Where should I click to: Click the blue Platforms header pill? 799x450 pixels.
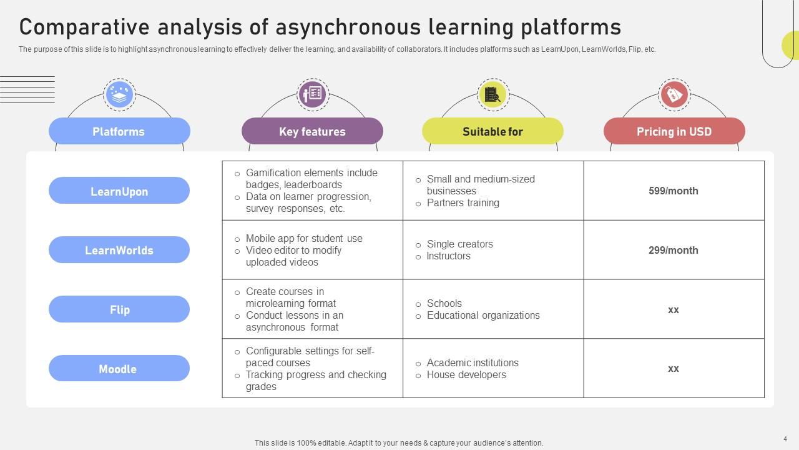coord(119,131)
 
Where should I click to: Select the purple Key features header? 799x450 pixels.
coord(312,131)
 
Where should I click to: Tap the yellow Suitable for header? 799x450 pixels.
coord(493,131)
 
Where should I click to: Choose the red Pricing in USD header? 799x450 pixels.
coord(674,131)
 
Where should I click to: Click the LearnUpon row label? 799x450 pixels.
coord(119,191)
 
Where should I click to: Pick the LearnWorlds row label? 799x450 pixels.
coord(119,250)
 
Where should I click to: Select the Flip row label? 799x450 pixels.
coord(119,309)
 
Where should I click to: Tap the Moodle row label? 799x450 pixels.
coord(119,369)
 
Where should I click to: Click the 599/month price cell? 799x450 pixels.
coord(674,191)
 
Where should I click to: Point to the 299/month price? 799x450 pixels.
coord(674,250)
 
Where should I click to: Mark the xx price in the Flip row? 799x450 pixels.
coord(674,309)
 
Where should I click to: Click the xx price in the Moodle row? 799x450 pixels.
coord(674,369)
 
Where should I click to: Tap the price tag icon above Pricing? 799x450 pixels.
coord(674,95)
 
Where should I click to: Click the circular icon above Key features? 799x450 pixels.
coord(312,94)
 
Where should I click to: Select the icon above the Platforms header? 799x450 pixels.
coord(119,95)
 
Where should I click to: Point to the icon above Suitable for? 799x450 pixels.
coord(493,94)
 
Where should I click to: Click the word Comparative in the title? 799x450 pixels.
coord(81,27)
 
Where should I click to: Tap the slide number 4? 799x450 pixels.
coord(785,439)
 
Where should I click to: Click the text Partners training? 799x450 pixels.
coord(463,203)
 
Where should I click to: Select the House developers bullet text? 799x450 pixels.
coord(466,375)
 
